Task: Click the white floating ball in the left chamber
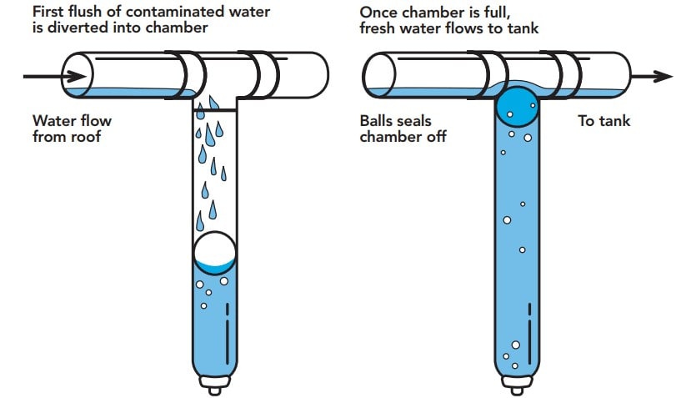pos(214,252)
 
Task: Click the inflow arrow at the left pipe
pos(42,76)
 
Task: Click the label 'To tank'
pos(604,122)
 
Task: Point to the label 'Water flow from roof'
pos(72,128)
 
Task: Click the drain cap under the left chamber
pos(215,385)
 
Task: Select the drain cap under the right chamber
pos(517,385)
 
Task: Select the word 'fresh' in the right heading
pos(380,28)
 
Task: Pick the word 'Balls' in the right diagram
pos(378,122)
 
